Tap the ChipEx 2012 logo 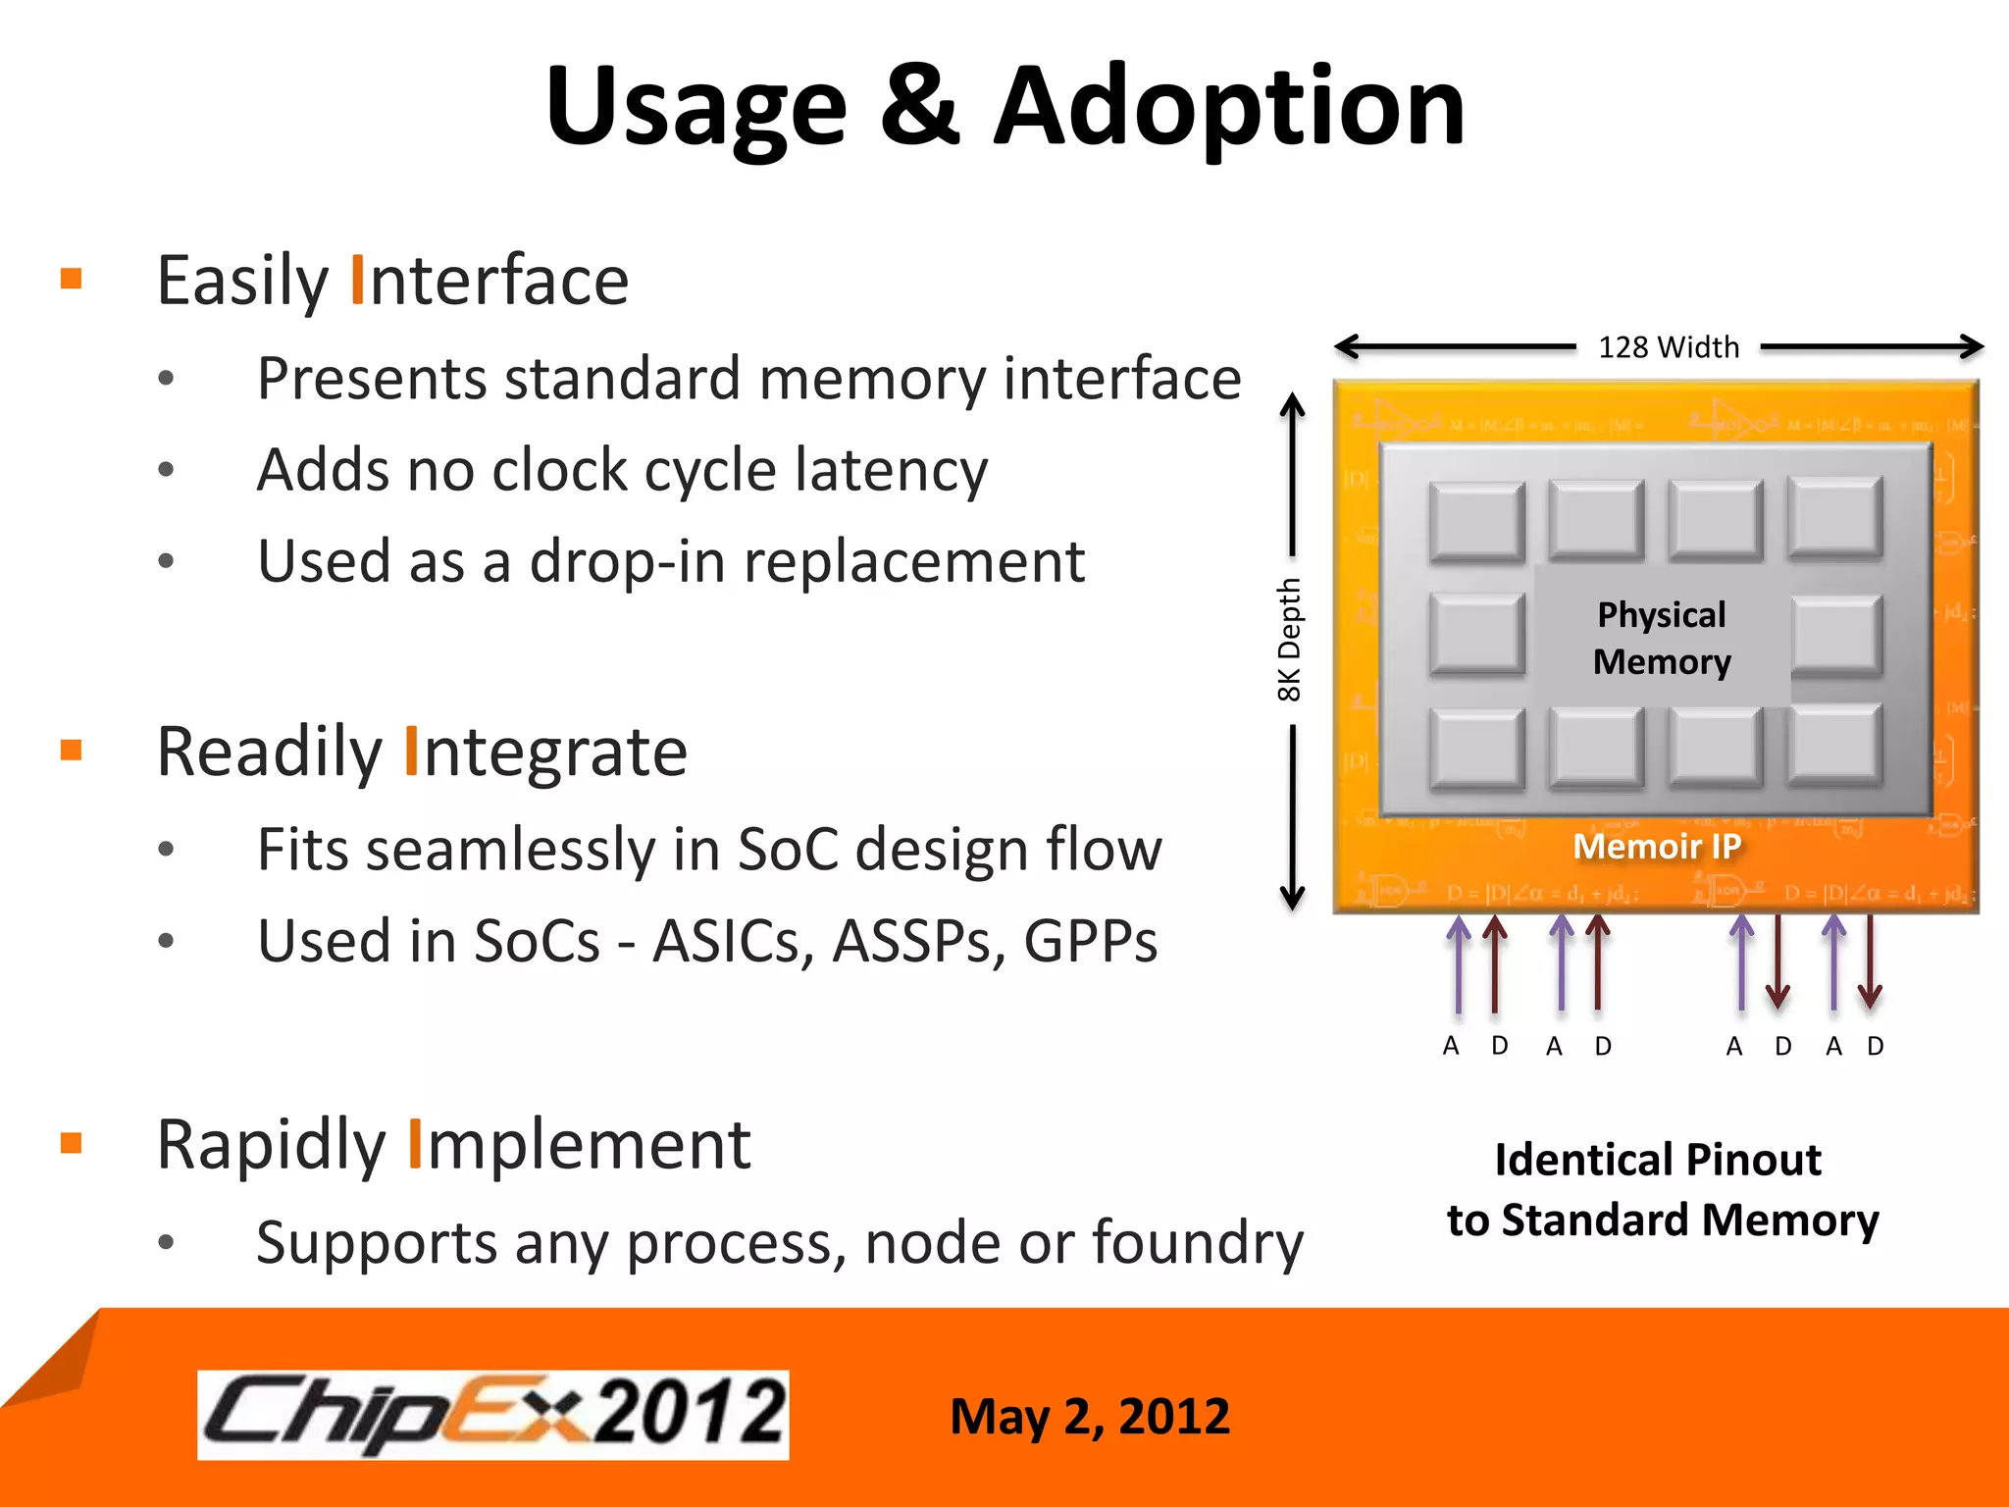pyautogui.click(x=493, y=1414)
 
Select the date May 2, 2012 pyautogui.click(x=1089, y=1416)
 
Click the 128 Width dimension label pyautogui.click(x=1668, y=347)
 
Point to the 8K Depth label pyautogui.click(x=1289, y=640)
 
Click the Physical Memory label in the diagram pyautogui.click(x=1662, y=638)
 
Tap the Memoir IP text pyautogui.click(x=1657, y=846)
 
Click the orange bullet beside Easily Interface pyautogui.click(x=72, y=279)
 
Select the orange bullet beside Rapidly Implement pyautogui.click(x=72, y=1143)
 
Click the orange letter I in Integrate pyautogui.click(x=412, y=752)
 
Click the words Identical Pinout pyautogui.click(x=1657, y=1160)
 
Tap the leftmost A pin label pyautogui.click(x=1451, y=1046)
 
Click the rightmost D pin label pyautogui.click(x=1875, y=1046)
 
